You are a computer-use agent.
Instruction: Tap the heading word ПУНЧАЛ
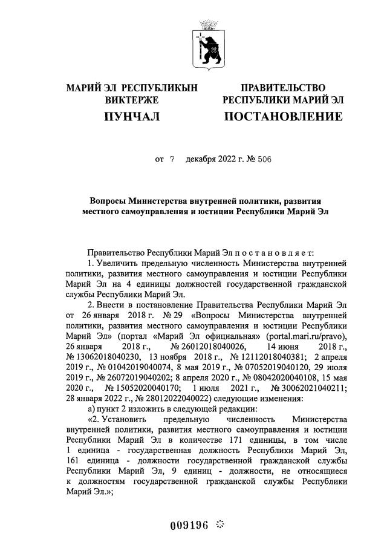132,116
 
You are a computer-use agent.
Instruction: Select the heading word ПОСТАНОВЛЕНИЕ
283,116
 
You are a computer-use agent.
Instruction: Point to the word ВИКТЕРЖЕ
132,99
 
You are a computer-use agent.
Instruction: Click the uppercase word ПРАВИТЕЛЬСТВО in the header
283,88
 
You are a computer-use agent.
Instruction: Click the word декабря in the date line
205,160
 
